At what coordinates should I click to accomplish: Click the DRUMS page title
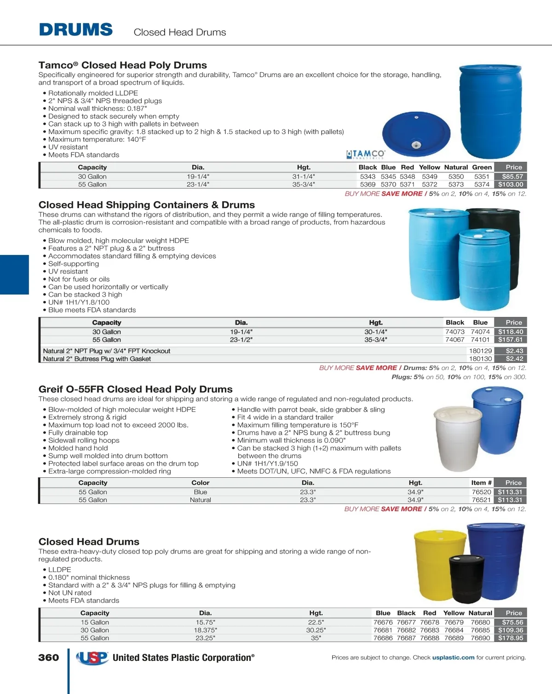(x=76, y=30)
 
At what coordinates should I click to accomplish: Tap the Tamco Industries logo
(x=366, y=154)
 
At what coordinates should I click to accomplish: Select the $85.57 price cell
(x=512, y=176)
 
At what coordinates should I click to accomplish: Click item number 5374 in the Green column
(x=482, y=185)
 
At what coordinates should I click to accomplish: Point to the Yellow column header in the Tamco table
(x=429, y=168)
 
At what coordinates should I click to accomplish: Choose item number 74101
(x=480, y=340)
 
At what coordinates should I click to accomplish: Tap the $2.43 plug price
(x=514, y=351)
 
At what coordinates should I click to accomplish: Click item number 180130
(x=480, y=359)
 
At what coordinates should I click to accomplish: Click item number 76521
(x=481, y=500)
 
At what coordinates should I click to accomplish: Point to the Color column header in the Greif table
(x=200, y=483)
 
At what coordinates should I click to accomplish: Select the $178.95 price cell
(x=511, y=638)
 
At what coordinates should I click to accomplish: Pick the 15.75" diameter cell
(x=205, y=622)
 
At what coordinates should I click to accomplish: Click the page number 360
(x=48, y=658)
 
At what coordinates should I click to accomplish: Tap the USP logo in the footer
(x=92, y=658)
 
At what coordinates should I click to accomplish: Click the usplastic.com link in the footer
(x=453, y=658)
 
